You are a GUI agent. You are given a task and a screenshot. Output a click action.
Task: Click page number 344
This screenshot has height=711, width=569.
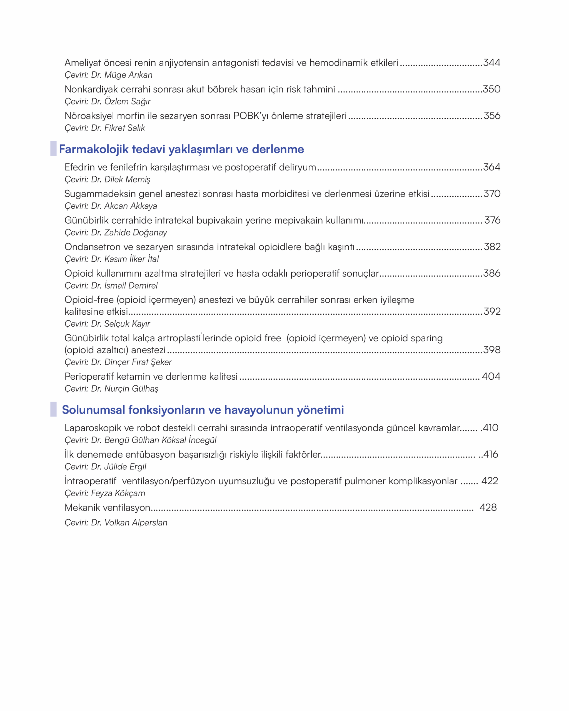491,63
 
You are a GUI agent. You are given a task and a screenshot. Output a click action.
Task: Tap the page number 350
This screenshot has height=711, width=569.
491,89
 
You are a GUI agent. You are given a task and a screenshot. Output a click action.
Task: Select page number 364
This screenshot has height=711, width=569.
491,167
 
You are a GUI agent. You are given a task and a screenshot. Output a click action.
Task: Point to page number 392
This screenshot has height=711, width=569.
492,311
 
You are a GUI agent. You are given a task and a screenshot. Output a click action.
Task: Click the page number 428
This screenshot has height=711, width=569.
488,507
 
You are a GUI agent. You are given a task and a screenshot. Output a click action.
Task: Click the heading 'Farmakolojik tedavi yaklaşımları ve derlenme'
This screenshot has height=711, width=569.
181,149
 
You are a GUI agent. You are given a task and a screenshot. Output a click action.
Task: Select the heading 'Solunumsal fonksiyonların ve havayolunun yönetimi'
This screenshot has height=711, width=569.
203,410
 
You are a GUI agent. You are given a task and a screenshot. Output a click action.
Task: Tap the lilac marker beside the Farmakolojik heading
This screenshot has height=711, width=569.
53,148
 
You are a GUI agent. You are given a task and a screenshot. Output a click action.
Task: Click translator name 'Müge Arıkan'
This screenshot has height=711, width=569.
128,75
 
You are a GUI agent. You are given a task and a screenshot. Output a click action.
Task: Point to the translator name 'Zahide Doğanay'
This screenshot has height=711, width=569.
136,232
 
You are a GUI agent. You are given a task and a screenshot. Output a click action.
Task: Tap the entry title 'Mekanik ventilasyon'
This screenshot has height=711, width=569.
107,507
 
